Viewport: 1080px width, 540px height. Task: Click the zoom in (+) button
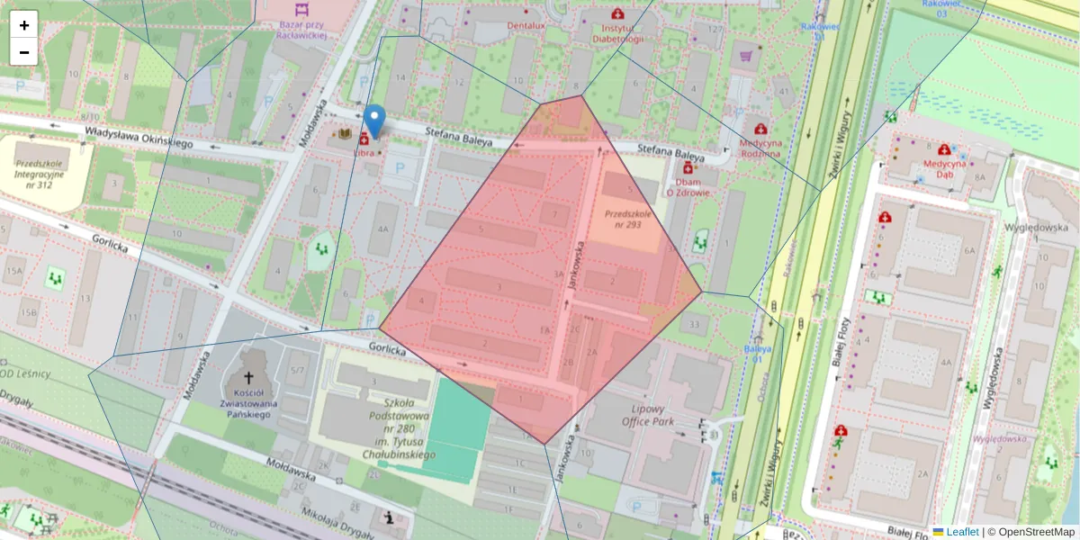(x=24, y=25)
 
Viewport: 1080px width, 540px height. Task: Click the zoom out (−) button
(x=24, y=52)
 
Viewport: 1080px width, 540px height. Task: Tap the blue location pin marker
(x=374, y=121)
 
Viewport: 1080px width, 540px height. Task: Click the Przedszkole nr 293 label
(x=622, y=219)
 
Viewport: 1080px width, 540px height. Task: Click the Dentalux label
(x=526, y=26)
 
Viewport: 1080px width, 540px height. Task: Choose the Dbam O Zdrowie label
(x=688, y=186)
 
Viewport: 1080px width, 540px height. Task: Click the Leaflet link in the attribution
(x=961, y=532)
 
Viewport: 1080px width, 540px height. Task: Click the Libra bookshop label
(x=364, y=153)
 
